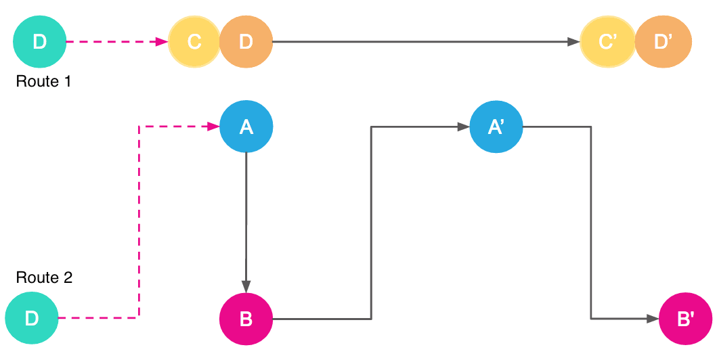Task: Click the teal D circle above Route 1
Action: click(x=40, y=41)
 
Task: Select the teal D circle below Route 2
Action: click(x=32, y=318)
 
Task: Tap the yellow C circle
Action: click(x=194, y=41)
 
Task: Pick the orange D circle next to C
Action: click(x=246, y=41)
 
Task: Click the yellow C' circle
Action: click(x=607, y=41)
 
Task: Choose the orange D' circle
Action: click(x=663, y=41)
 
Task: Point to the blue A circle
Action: click(x=246, y=127)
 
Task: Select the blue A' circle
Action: click(x=496, y=127)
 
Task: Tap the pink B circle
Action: click(x=246, y=319)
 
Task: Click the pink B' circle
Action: click(x=685, y=319)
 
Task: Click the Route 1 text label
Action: click(x=43, y=81)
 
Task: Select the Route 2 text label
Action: click(x=44, y=277)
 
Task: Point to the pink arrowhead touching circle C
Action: click(x=162, y=41)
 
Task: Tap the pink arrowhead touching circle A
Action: click(x=214, y=127)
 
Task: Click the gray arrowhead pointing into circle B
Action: click(x=246, y=286)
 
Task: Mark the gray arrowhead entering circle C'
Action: click(x=574, y=41)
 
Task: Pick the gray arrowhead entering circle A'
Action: click(x=464, y=127)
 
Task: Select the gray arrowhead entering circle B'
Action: click(x=653, y=319)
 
